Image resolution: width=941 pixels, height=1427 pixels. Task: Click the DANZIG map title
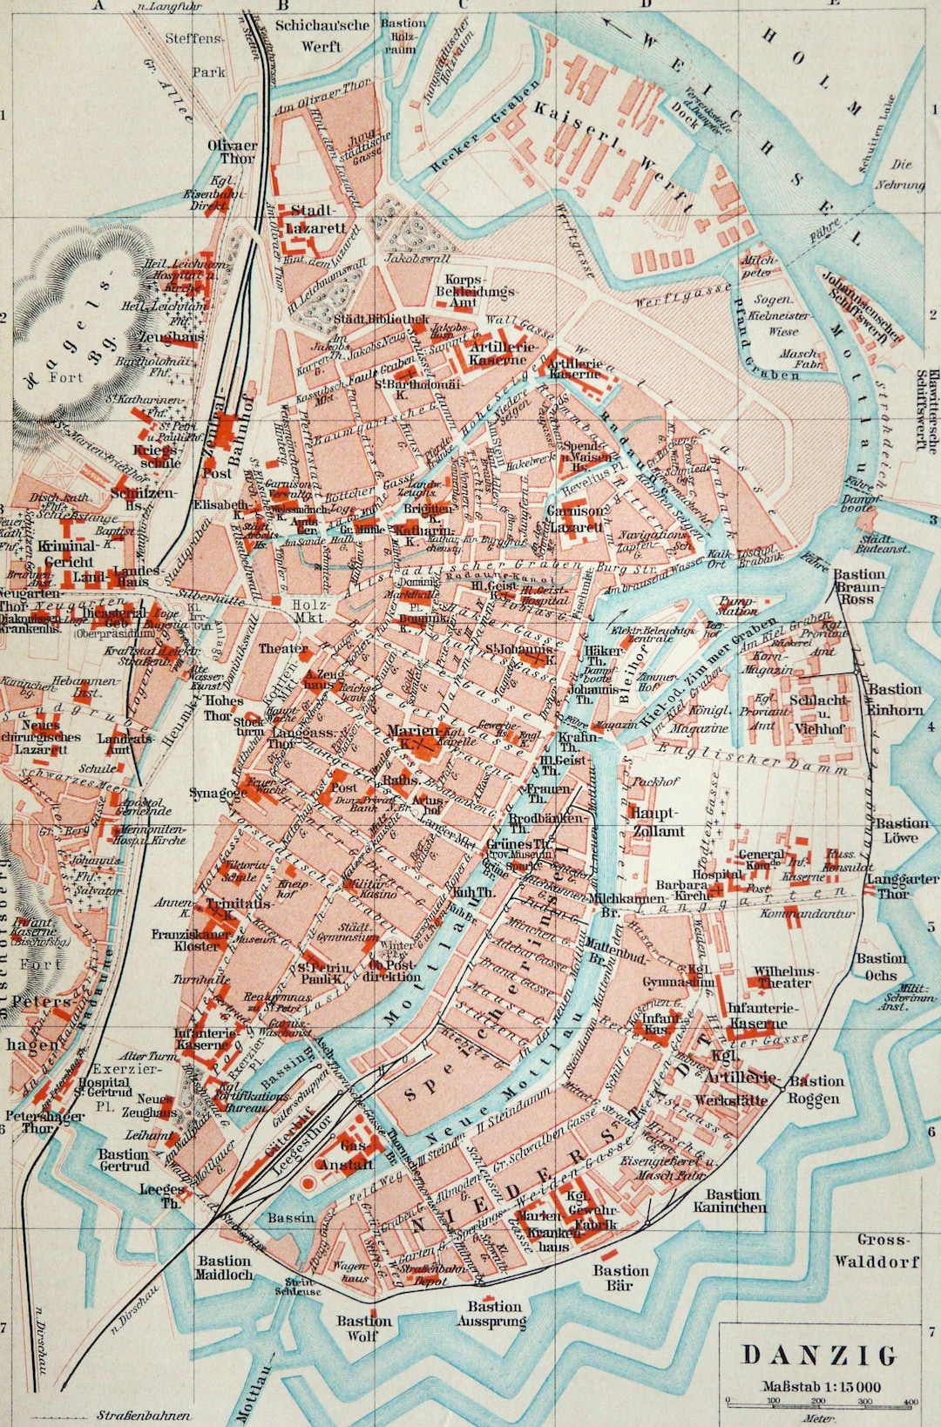pyautogui.click(x=818, y=1356)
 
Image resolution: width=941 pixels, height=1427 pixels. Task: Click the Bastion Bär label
pyautogui.click(x=621, y=1278)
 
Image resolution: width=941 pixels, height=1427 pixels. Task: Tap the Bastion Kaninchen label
pyautogui.click(x=730, y=1200)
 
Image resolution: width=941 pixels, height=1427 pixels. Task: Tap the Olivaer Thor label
pyautogui.click(x=232, y=152)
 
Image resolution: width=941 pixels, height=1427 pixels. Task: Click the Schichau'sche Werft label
pyautogui.click(x=322, y=35)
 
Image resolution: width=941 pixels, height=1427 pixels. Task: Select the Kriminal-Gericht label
pyautogui.click(x=65, y=554)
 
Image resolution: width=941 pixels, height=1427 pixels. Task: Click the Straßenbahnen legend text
pyautogui.click(x=144, y=1416)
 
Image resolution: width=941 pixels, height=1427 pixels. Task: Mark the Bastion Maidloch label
pyautogui.click(x=225, y=1268)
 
